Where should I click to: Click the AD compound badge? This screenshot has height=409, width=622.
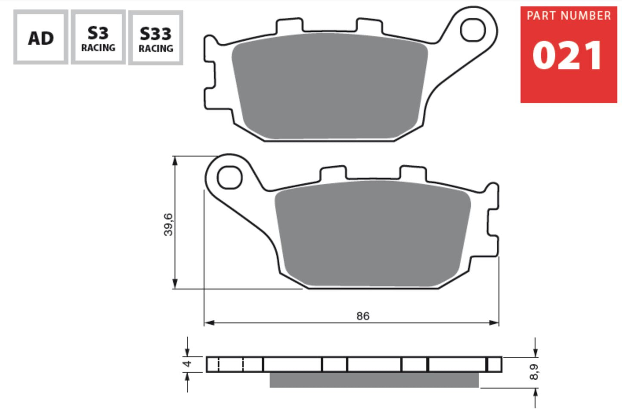(41, 38)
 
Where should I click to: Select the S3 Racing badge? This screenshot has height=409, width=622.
(98, 38)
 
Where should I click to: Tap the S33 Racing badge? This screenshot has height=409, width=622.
(155, 38)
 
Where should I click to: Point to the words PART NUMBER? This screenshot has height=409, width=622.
(569, 16)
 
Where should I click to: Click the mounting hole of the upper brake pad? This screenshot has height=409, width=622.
(473, 30)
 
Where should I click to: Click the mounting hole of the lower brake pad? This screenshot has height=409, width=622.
(230, 177)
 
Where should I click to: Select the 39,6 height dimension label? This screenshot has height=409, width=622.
(168, 224)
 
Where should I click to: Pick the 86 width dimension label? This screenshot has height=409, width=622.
(362, 316)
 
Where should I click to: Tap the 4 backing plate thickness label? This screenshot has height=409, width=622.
(187, 364)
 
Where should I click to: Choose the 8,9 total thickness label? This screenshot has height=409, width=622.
(534, 372)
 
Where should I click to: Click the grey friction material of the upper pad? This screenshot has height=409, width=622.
(329, 86)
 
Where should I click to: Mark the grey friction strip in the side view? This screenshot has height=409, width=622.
(374, 380)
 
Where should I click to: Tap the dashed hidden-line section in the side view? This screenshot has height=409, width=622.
(231, 364)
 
